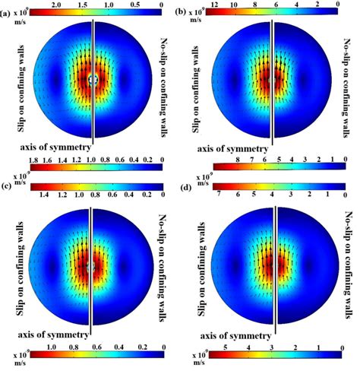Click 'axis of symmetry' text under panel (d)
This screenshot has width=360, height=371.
pyautogui.click(x=236, y=334)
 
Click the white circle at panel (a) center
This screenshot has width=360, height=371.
pyautogui.click(x=93, y=79)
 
